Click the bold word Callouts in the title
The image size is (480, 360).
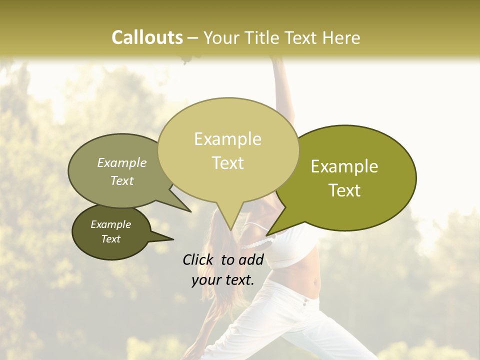(x=147, y=37)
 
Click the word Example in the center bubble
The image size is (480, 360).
(x=227, y=139)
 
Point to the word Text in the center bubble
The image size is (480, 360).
(x=228, y=163)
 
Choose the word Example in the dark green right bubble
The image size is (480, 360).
(x=344, y=166)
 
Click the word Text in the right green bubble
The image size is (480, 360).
(x=345, y=190)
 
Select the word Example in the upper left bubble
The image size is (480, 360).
(x=122, y=163)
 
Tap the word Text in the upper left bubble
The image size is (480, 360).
(x=122, y=180)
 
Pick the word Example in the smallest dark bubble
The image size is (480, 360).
(x=110, y=224)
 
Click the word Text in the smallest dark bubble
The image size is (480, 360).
(x=110, y=239)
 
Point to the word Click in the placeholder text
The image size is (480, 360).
(x=199, y=259)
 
